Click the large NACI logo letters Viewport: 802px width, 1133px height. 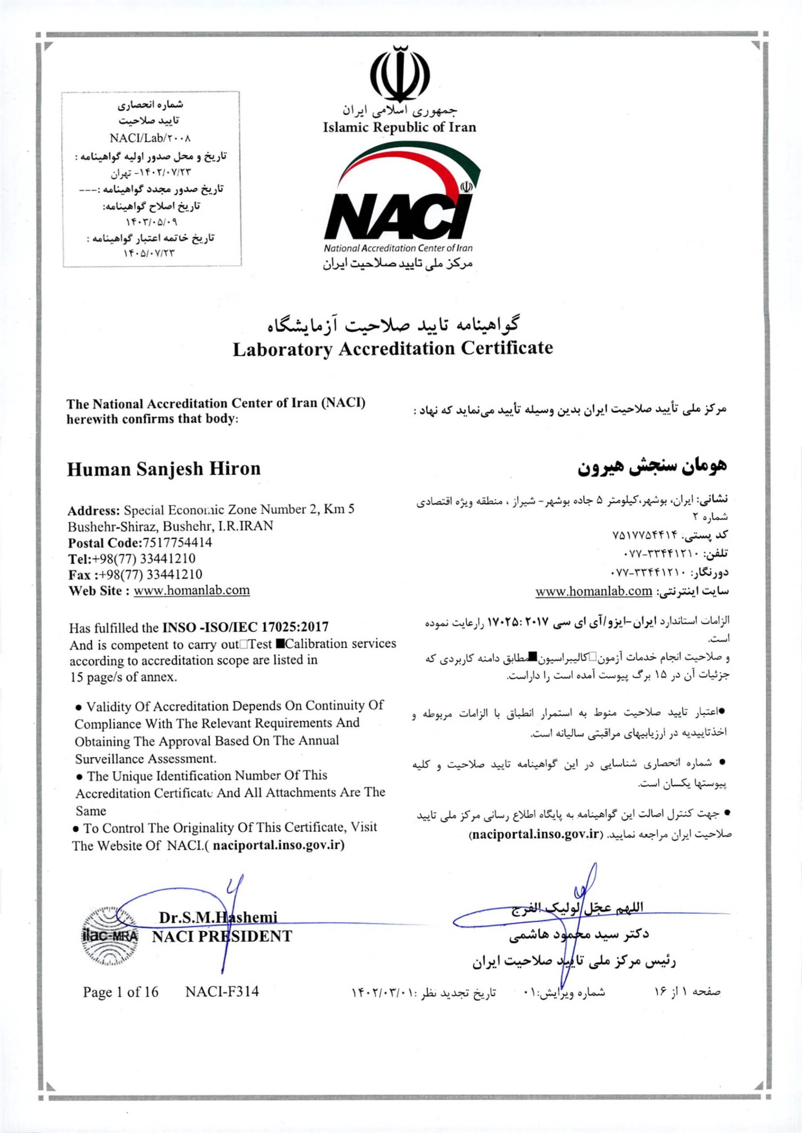(x=395, y=216)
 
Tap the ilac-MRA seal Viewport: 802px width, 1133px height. (x=110, y=936)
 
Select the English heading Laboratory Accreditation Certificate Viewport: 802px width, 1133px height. (x=393, y=349)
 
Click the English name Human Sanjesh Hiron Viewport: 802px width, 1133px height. (x=163, y=469)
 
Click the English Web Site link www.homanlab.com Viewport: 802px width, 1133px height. (x=192, y=590)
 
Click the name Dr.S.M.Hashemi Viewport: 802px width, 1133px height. (x=218, y=917)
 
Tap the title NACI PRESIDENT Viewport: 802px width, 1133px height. (x=222, y=936)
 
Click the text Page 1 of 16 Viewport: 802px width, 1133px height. (x=120, y=992)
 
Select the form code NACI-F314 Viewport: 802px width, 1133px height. (x=222, y=992)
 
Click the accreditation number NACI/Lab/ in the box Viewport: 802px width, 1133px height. (x=150, y=138)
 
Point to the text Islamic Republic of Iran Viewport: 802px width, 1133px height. (x=400, y=127)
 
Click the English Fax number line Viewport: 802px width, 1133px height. (x=135, y=574)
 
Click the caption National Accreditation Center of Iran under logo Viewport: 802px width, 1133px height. (x=398, y=248)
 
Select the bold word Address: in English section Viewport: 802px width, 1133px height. (x=94, y=510)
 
